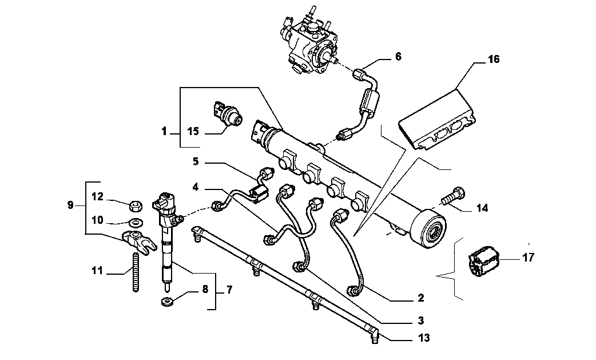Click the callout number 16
pyautogui.click(x=494, y=60)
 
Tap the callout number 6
pyautogui.click(x=398, y=57)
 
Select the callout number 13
pyautogui.click(x=424, y=338)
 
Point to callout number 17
pyautogui.click(x=528, y=258)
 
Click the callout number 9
pyautogui.click(x=70, y=205)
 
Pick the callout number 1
pyautogui.click(x=164, y=132)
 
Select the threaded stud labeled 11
pyautogui.click(x=136, y=272)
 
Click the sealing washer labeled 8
pyautogui.click(x=167, y=302)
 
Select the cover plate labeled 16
pyautogui.click(x=437, y=118)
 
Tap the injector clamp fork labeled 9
pyautogui.click(x=139, y=241)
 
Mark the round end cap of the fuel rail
pyautogui.click(x=430, y=228)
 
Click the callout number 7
pyautogui.click(x=229, y=290)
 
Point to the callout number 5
pyautogui.click(x=196, y=161)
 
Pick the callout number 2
pyautogui.click(x=420, y=298)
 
